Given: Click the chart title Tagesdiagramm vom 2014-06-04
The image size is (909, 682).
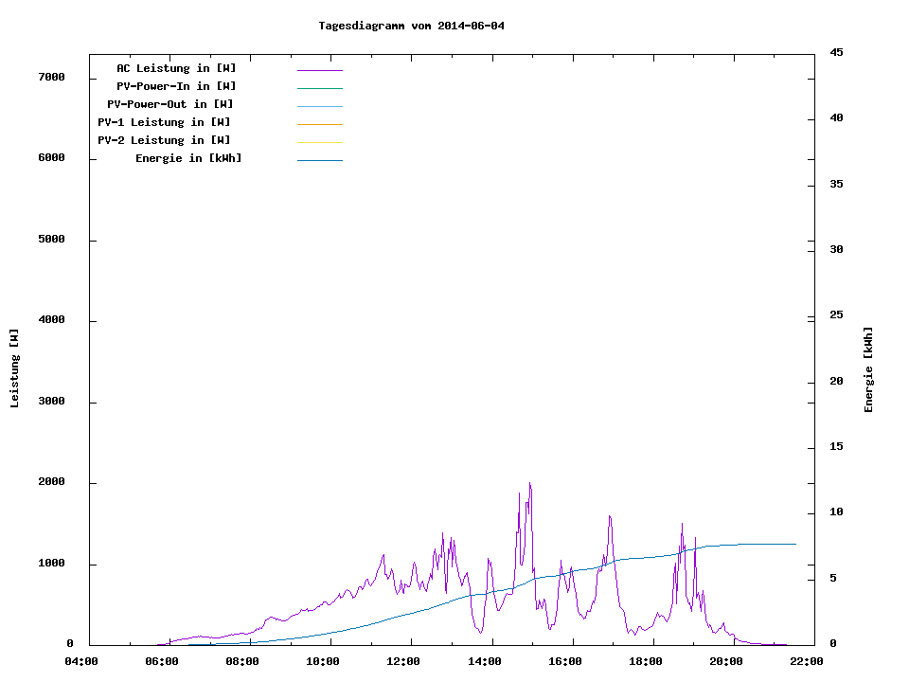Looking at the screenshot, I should [411, 26].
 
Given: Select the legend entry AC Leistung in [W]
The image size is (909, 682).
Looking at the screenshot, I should [176, 68].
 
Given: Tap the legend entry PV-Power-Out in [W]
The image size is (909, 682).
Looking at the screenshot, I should [170, 104].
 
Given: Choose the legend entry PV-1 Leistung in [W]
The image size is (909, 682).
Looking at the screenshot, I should [164, 122].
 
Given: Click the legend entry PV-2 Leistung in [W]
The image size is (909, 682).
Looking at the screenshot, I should [164, 140].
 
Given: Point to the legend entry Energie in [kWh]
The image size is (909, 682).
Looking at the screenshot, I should [188, 158].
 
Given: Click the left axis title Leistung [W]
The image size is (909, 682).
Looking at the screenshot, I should [14, 368].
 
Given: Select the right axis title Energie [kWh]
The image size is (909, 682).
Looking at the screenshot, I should [868, 369].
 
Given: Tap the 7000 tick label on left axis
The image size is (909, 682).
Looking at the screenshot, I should [51, 77].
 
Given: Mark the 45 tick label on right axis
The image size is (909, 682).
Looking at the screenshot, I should [836, 52].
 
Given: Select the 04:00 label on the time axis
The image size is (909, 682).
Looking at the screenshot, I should [81, 661].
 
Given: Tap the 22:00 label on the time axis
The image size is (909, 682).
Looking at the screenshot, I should [808, 661].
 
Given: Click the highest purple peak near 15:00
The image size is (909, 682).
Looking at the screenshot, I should [529, 483].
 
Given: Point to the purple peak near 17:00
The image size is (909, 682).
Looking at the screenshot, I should [610, 516].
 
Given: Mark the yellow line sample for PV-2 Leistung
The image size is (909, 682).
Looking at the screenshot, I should [319, 142].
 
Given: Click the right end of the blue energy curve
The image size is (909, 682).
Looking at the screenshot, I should [794, 544].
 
